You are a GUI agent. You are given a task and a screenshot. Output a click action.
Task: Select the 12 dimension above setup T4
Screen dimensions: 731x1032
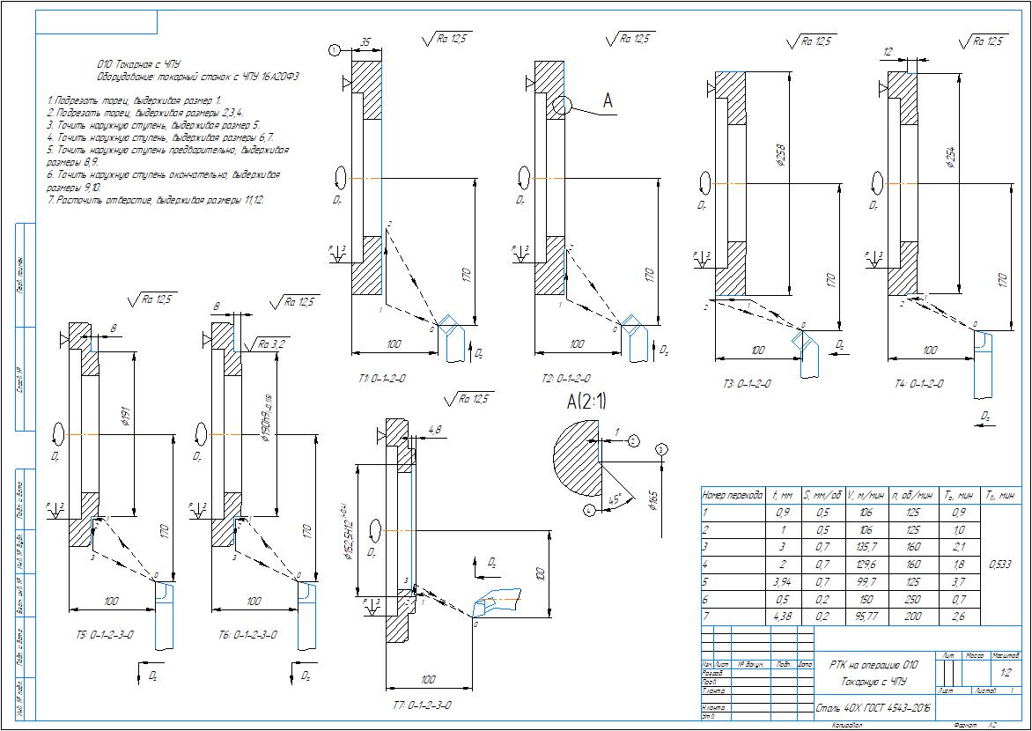point(889,52)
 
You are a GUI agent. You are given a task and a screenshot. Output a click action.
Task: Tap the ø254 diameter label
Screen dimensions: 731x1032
point(948,156)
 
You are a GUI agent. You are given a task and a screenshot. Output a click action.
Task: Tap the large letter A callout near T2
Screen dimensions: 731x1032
point(607,101)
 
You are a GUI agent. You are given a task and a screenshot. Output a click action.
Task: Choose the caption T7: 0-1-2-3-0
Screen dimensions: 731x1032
point(422,705)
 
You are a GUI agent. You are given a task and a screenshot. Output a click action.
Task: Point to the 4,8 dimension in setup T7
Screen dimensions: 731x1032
point(435,430)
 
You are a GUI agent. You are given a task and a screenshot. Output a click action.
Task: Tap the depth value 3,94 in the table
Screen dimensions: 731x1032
point(779,581)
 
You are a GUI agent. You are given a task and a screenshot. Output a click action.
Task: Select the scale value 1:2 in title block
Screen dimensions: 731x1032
point(1006,672)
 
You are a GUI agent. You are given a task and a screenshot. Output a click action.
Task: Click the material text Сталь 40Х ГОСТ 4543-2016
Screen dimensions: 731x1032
point(874,707)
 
